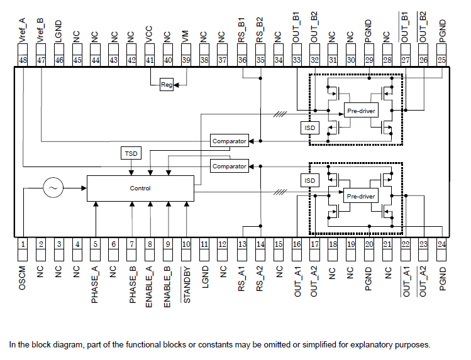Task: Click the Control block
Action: pos(140,188)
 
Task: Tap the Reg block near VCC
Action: pos(167,85)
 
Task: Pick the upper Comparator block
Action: pos(229,141)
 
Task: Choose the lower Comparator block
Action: pos(229,166)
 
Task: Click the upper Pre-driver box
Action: pos(361,111)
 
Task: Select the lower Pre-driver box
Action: pos(361,196)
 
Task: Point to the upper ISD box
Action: pos(309,128)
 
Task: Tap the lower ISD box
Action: pos(309,180)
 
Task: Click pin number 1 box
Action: pos(23,244)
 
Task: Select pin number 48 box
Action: pos(23,60)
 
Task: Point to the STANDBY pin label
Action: pos(186,285)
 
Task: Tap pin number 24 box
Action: pos(442,244)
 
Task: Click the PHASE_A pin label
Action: pos(95,283)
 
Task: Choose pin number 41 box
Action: pos(150,60)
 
